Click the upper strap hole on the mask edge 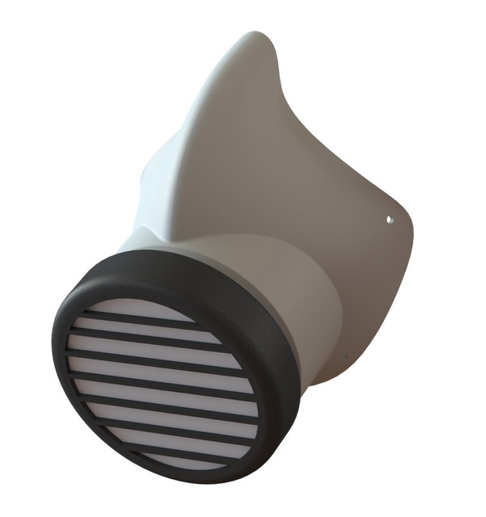point(388,218)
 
